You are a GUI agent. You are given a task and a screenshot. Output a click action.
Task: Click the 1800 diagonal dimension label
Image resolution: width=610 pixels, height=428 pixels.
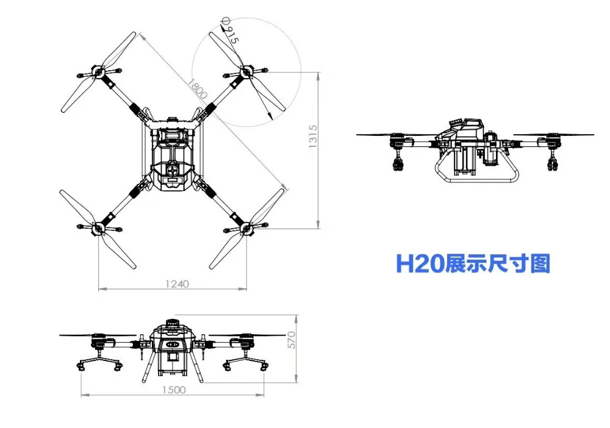[x=198, y=89]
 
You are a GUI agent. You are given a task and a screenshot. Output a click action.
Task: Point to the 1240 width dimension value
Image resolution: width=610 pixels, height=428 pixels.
[x=177, y=283]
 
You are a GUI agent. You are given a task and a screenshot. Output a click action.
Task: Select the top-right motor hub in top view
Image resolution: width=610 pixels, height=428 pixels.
[x=246, y=72]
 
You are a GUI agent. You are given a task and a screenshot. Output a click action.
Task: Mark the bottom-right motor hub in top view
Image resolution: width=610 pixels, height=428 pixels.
[x=246, y=229]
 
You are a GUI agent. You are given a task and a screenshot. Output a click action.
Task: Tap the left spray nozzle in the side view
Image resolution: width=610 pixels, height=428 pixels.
[x=398, y=162]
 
